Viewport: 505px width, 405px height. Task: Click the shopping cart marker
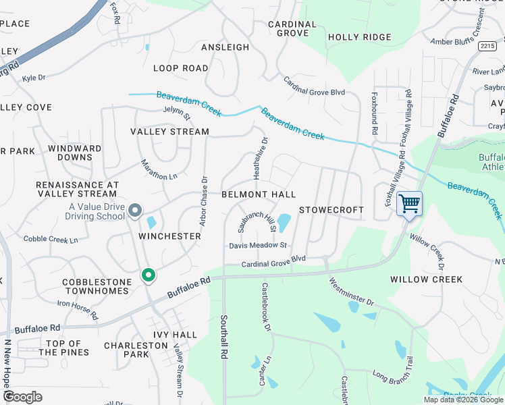coord(409,204)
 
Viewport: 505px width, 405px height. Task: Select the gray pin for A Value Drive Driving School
coord(135,211)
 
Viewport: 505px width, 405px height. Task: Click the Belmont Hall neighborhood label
coord(259,194)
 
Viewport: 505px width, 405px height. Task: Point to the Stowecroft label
coord(331,210)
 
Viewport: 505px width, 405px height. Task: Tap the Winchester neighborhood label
coord(169,236)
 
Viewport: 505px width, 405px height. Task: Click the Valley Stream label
coord(169,132)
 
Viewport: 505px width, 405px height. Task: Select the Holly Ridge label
coord(359,37)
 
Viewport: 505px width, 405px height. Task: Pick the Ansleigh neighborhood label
coord(225,47)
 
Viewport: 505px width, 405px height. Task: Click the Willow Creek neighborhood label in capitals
coord(426,279)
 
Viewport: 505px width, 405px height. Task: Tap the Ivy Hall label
coord(175,334)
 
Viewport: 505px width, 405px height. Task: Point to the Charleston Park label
coord(136,350)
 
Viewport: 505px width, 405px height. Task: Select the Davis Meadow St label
coord(258,246)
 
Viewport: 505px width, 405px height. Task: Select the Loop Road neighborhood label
coord(180,68)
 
